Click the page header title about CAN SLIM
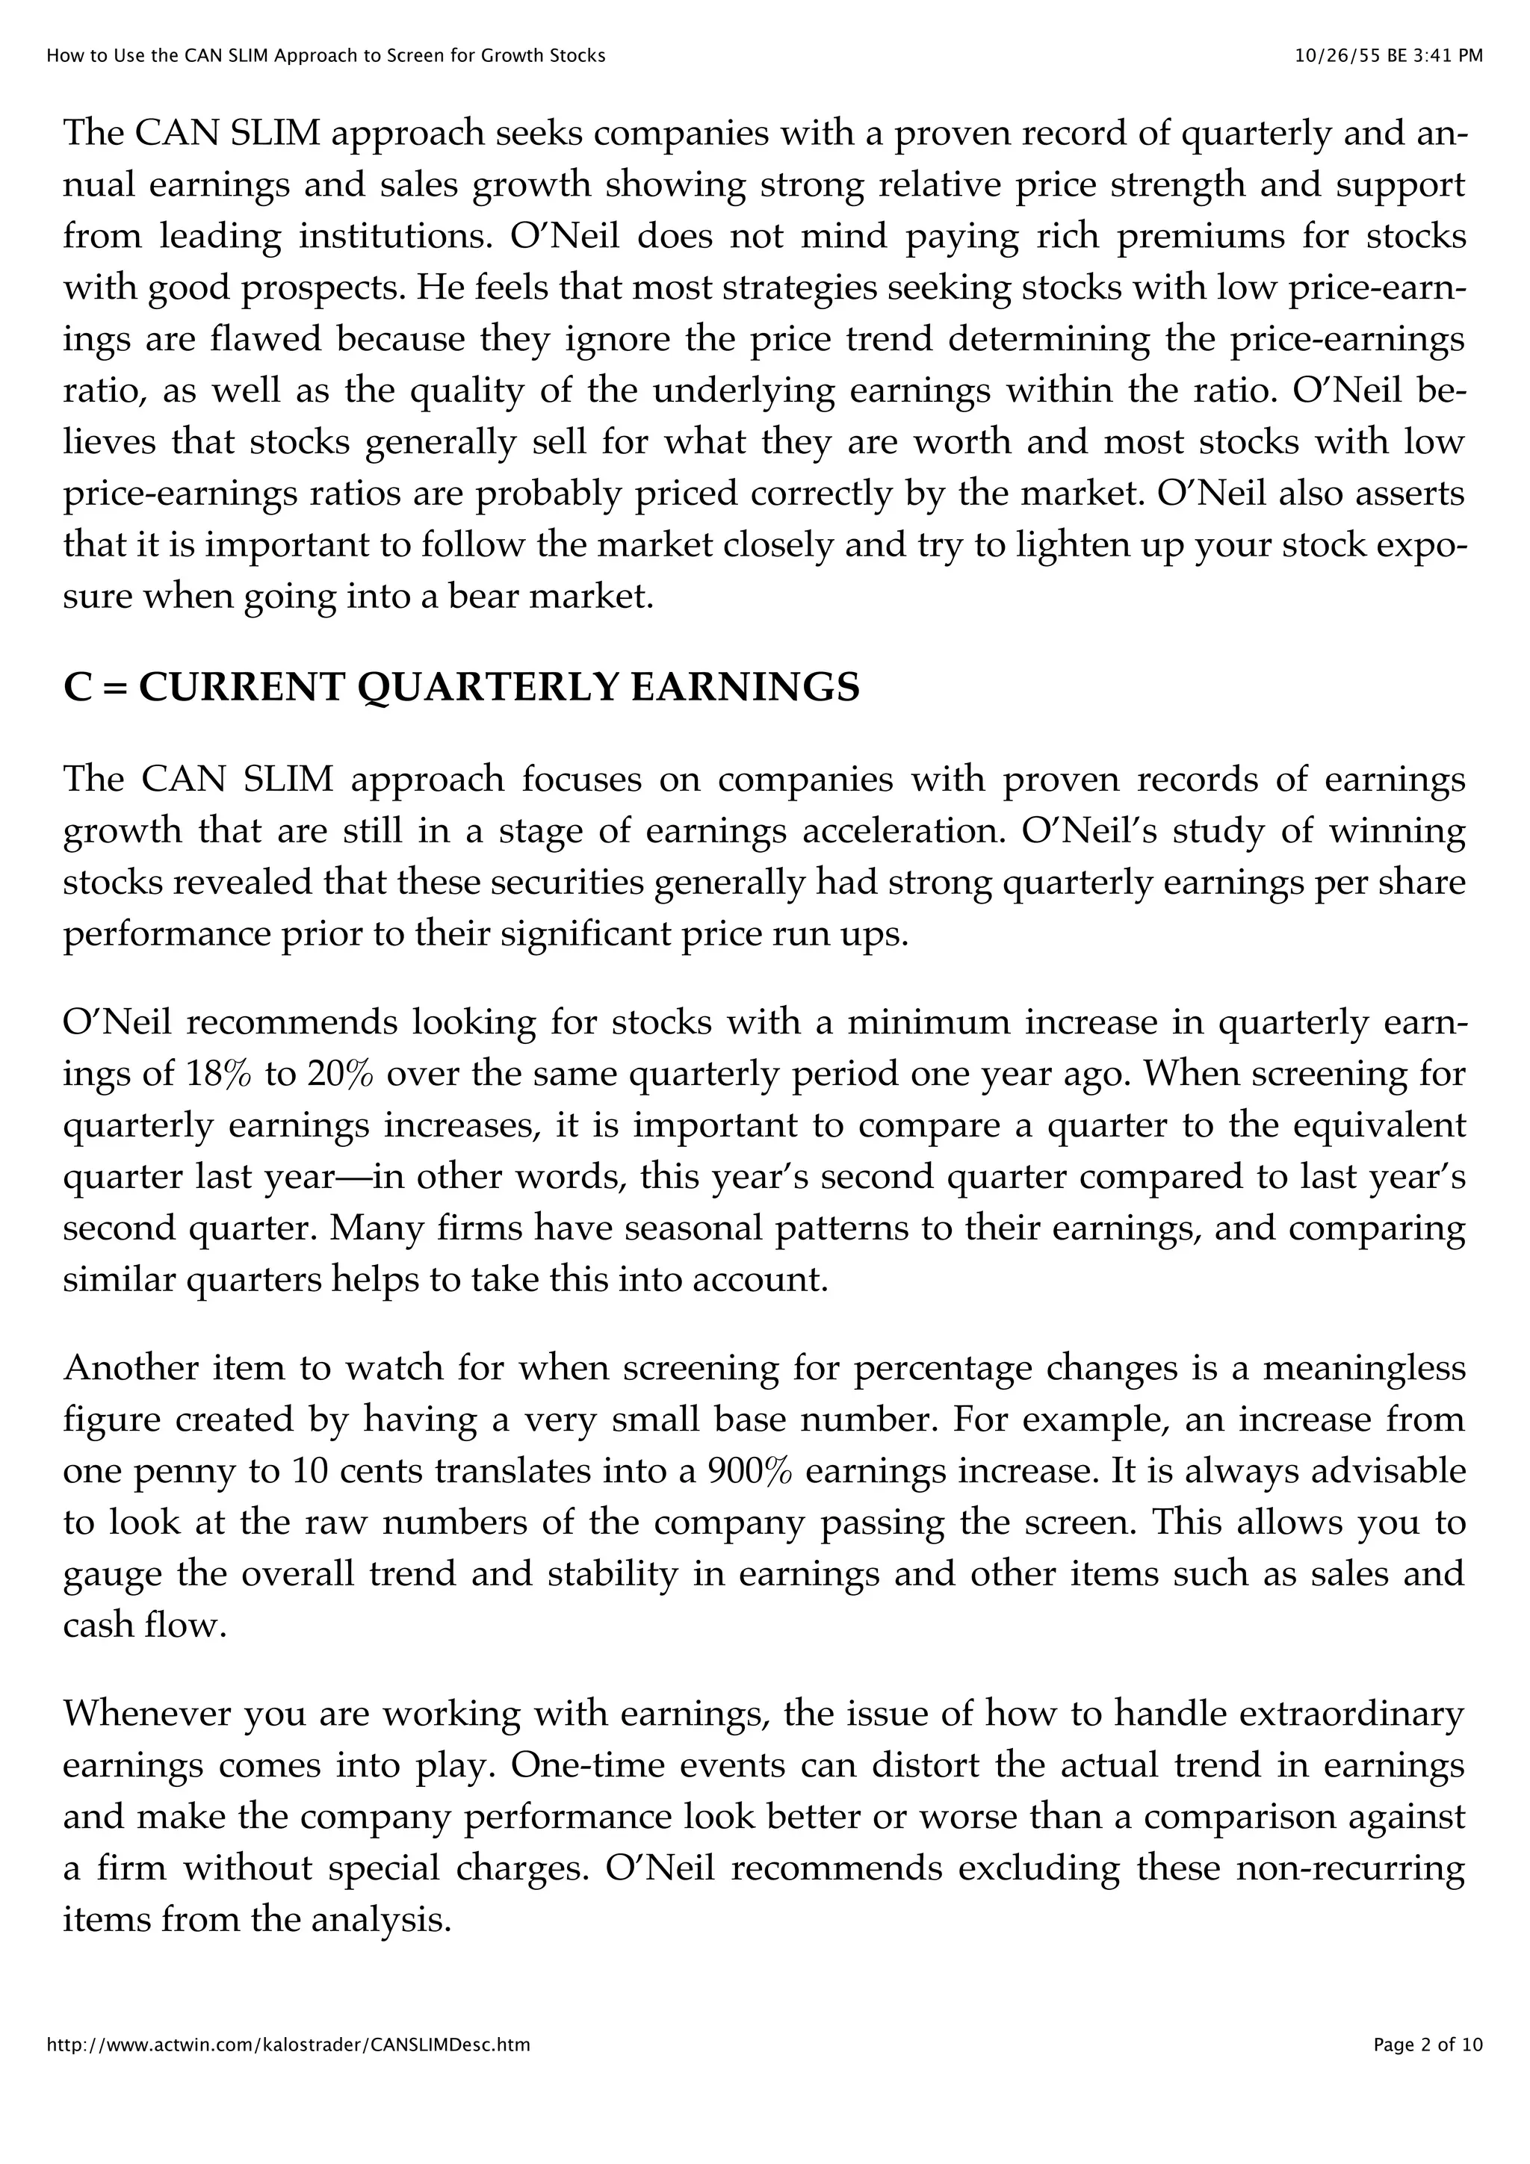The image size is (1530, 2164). (x=325, y=55)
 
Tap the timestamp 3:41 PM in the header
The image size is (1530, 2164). (x=1447, y=55)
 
